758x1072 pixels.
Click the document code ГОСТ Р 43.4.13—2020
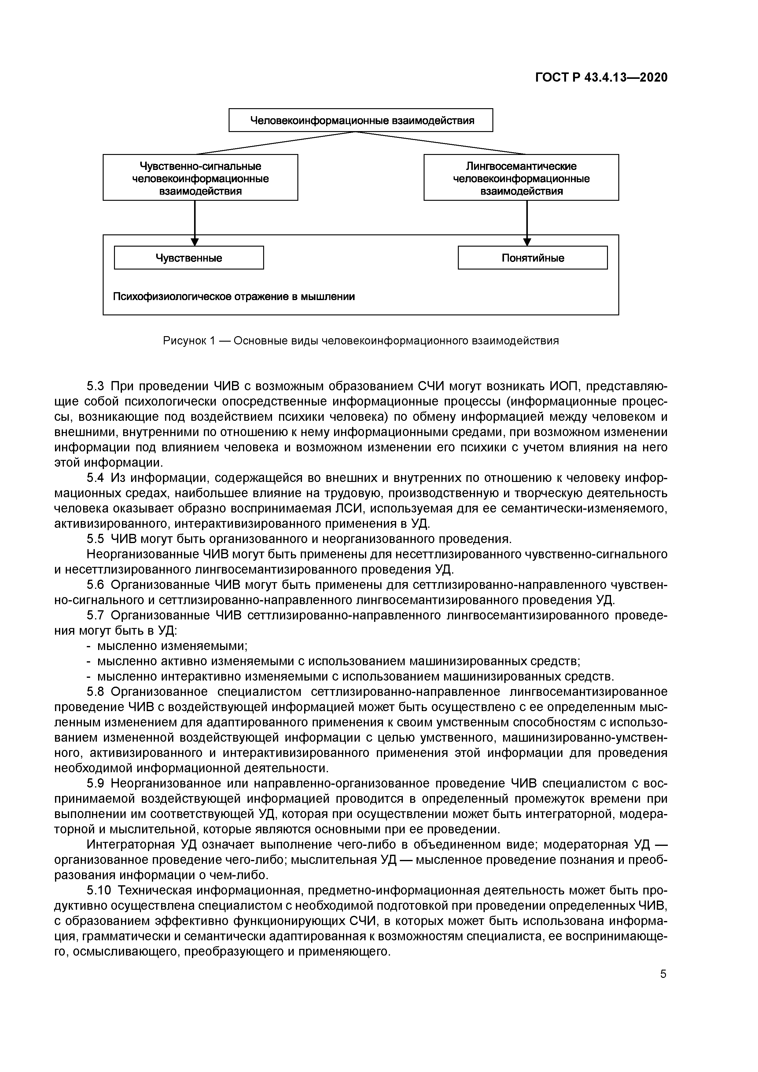click(x=601, y=78)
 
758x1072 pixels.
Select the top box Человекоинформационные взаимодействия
click(x=361, y=120)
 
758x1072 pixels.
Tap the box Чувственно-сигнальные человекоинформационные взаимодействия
click(x=201, y=178)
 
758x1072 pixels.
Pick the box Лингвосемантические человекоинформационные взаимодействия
click(x=521, y=178)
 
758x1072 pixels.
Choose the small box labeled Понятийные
click(x=532, y=258)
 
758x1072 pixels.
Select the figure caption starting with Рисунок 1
click(x=361, y=341)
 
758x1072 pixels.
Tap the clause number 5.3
click(x=96, y=387)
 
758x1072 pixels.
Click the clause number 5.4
click(x=96, y=478)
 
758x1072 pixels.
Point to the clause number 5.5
click(x=96, y=539)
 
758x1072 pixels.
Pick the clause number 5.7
click(x=96, y=615)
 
